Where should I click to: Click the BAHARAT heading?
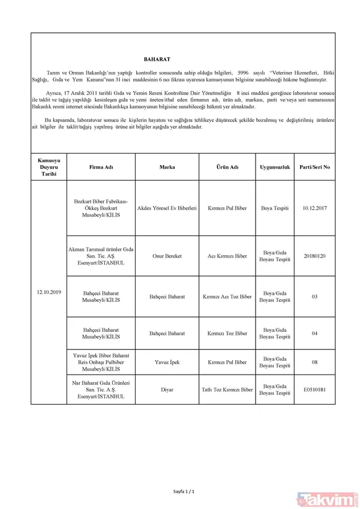pos(157,60)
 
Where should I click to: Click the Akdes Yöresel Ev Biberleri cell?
pos(167,208)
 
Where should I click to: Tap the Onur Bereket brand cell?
pos(167,256)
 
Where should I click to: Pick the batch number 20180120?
pos(314,256)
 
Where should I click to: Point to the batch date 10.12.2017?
pos(314,208)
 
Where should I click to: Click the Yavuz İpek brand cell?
pos(167,363)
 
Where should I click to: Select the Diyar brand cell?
pos(167,390)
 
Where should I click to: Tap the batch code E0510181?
pos(314,390)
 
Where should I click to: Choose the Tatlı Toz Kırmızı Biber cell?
pos(227,390)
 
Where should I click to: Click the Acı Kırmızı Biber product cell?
pos(227,256)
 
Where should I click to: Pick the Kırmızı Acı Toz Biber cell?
pos(227,297)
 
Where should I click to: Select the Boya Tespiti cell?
pos(275,208)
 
